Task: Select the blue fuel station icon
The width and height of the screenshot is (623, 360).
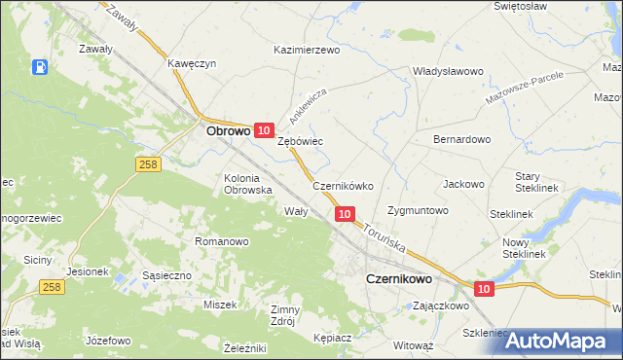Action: tap(40, 67)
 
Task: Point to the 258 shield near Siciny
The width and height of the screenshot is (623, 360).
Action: tap(52, 287)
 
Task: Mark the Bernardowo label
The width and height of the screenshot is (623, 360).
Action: tap(461, 139)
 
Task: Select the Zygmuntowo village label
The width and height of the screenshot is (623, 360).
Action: tap(417, 210)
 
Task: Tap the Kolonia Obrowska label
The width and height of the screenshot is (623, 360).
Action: tap(247, 184)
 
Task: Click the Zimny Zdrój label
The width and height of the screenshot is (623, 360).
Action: tap(288, 315)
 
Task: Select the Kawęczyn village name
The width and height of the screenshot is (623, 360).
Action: tap(191, 63)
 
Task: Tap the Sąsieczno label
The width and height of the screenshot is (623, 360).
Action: tap(167, 276)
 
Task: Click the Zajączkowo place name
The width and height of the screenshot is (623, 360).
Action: tap(441, 305)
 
